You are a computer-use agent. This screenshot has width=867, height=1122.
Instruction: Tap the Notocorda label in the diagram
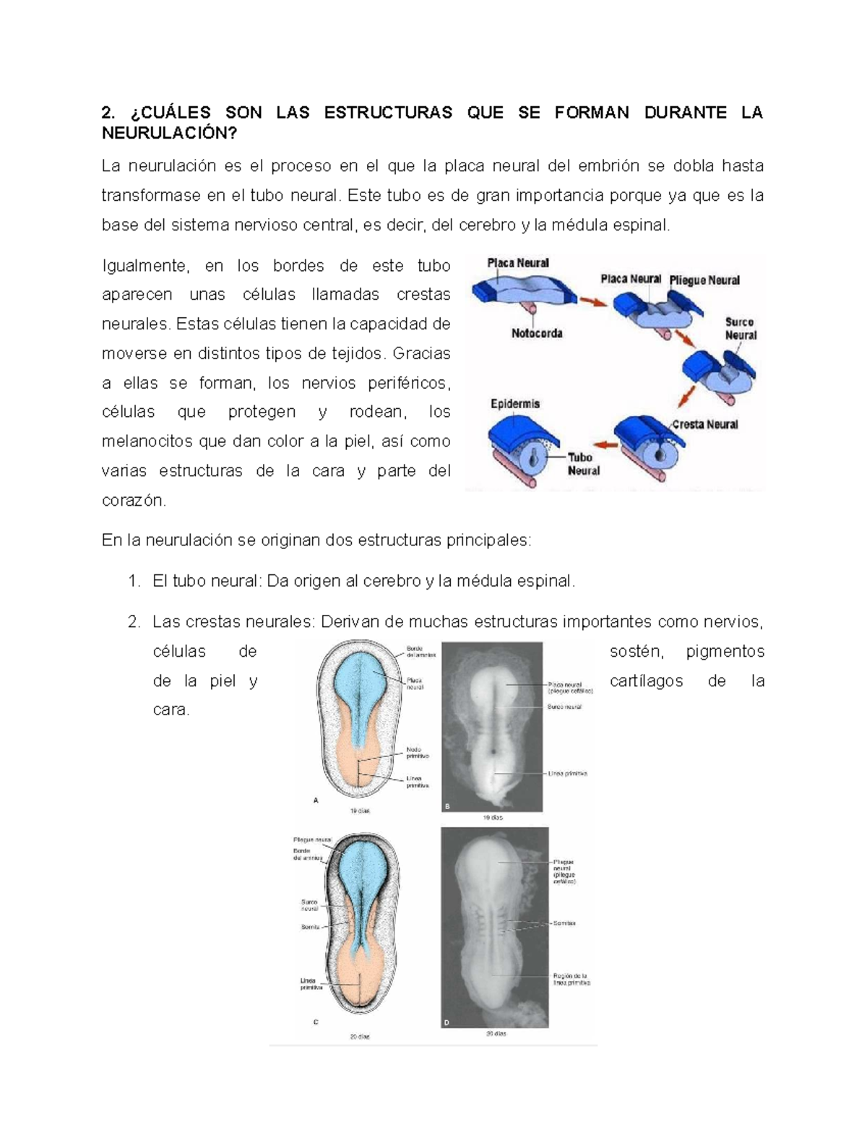coord(537,333)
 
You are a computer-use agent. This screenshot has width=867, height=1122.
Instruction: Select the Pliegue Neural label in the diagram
coord(704,280)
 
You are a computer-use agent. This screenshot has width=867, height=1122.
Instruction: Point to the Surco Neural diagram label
coord(741,329)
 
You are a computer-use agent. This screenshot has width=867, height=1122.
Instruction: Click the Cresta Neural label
coord(704,424)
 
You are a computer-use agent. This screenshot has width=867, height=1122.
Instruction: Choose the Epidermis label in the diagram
coord(515,404)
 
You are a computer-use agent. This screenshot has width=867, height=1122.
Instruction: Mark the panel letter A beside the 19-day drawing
coord(316,800)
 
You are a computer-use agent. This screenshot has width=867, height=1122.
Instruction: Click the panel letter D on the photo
coord(447,1022)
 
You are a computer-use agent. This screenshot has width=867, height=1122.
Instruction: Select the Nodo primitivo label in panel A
coord(417,753)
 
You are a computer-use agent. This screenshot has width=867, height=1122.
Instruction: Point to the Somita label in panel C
coord(310,926)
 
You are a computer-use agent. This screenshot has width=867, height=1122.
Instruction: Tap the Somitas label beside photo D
coord(564,923)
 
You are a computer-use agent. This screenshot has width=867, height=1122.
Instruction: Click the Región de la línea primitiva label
coord(571,979)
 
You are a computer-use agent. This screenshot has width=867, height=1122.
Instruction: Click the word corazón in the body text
coord(134,500)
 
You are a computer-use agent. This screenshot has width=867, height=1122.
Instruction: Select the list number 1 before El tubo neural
coord(133,581)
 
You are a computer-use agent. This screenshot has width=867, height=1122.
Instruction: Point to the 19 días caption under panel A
coord(359,811)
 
